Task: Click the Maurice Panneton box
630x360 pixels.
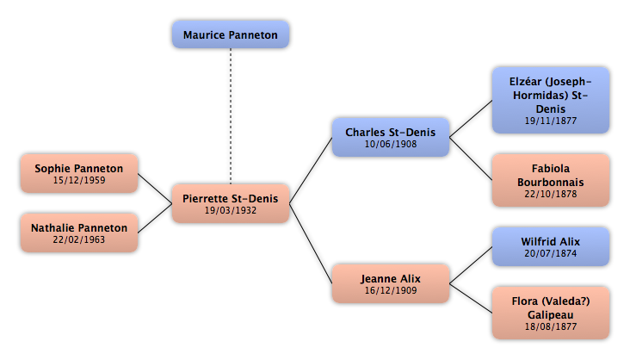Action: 230,34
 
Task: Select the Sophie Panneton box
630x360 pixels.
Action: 78,173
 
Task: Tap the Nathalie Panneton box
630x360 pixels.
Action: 78,233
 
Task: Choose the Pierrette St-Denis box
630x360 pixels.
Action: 230,203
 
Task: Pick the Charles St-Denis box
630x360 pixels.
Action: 391,137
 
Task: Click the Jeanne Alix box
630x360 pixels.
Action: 391,283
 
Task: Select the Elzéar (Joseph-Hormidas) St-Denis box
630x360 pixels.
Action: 551,100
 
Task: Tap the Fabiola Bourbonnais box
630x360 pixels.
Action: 551,180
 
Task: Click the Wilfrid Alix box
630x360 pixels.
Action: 551,246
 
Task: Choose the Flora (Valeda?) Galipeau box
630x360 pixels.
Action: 551,313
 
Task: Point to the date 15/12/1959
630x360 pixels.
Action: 78,181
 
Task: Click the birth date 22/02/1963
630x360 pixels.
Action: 78,240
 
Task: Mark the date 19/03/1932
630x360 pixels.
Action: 230,210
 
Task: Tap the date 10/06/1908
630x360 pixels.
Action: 391,145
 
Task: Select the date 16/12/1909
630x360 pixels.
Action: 391,291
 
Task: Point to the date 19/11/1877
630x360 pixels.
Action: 551,121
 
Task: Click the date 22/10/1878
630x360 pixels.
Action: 551,195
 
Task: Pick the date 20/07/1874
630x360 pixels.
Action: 551,254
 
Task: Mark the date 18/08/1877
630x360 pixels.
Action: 551,327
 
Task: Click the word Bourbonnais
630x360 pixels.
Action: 551,183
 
